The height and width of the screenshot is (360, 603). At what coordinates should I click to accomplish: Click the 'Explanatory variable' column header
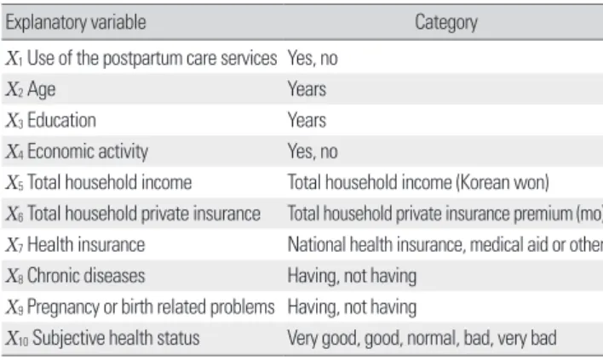click(x=76, y=22)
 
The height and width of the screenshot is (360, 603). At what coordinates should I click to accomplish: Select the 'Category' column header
click(x=446, y=22)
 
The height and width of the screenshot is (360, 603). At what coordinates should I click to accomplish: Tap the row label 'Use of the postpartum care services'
click(x=152, y=58)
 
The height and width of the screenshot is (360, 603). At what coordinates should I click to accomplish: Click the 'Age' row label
click(x=41, y=89)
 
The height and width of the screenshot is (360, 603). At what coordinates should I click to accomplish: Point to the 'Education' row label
click(x=61, y=120)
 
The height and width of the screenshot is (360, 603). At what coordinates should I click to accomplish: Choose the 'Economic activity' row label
click(x=88, y=151)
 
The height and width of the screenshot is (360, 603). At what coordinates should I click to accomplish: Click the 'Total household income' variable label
click(x=109, y=182)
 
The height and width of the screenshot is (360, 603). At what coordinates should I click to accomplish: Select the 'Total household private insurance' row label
click(x=144, y=214)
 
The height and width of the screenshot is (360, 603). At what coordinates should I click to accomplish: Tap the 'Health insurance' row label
click(x=86, y=244)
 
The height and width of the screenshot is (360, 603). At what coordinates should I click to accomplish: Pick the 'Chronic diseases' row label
click(x=86, y=276)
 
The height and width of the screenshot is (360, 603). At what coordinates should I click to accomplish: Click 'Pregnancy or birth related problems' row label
click(x=151, y=307)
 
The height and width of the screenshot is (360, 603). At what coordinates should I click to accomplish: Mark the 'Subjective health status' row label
click(x=116, y=338)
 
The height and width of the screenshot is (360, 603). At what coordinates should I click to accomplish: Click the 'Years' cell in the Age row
click(x=307, y=89)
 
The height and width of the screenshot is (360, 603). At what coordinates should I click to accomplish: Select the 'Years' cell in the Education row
click(x=307, y=120)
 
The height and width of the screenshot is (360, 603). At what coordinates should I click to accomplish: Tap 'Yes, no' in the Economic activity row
click(x=313, y=151)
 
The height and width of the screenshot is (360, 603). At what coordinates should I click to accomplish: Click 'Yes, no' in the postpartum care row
click(x=313, y=59)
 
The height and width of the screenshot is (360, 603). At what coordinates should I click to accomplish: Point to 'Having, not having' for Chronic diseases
click(x=352, y=276)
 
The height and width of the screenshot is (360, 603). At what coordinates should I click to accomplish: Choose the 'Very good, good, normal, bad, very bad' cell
click(x=422, y=339)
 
